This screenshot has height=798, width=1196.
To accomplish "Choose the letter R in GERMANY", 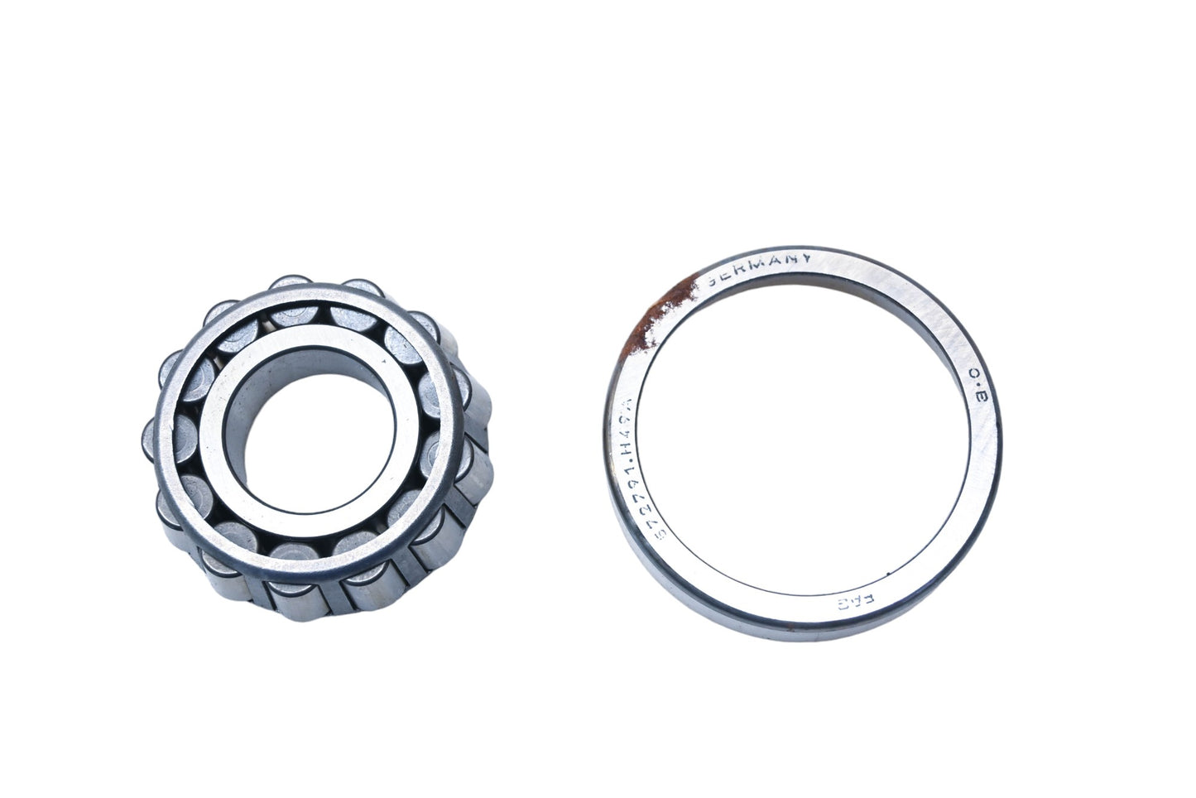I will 740,266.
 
